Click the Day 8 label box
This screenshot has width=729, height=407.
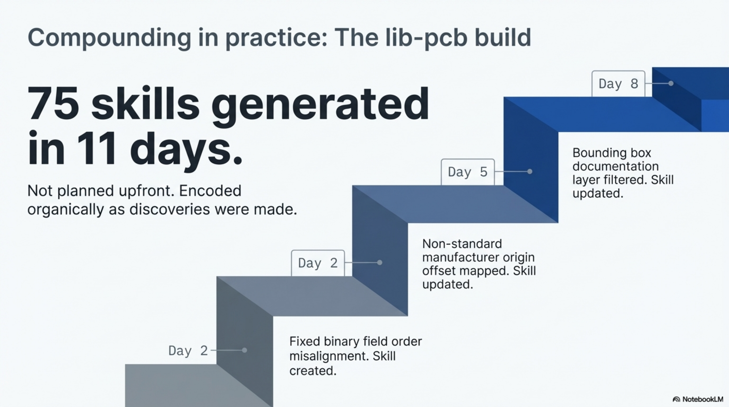tap(618, 84)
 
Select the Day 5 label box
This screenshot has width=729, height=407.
tap(468, 172)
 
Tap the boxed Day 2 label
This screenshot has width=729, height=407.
tap(318, 263)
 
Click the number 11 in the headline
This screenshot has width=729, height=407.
tap(96, 149)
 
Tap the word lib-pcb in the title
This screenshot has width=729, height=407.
tap(426, 38)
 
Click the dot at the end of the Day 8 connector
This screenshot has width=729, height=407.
tap(671, 83)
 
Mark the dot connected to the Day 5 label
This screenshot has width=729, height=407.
tap(530, 171)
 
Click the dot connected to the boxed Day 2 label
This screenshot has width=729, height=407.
tap(380, 263)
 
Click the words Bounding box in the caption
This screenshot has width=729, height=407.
tap(612, 153)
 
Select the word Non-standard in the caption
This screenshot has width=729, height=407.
tap(462, 244)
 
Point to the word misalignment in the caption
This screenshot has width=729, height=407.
tap(328, 356)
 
